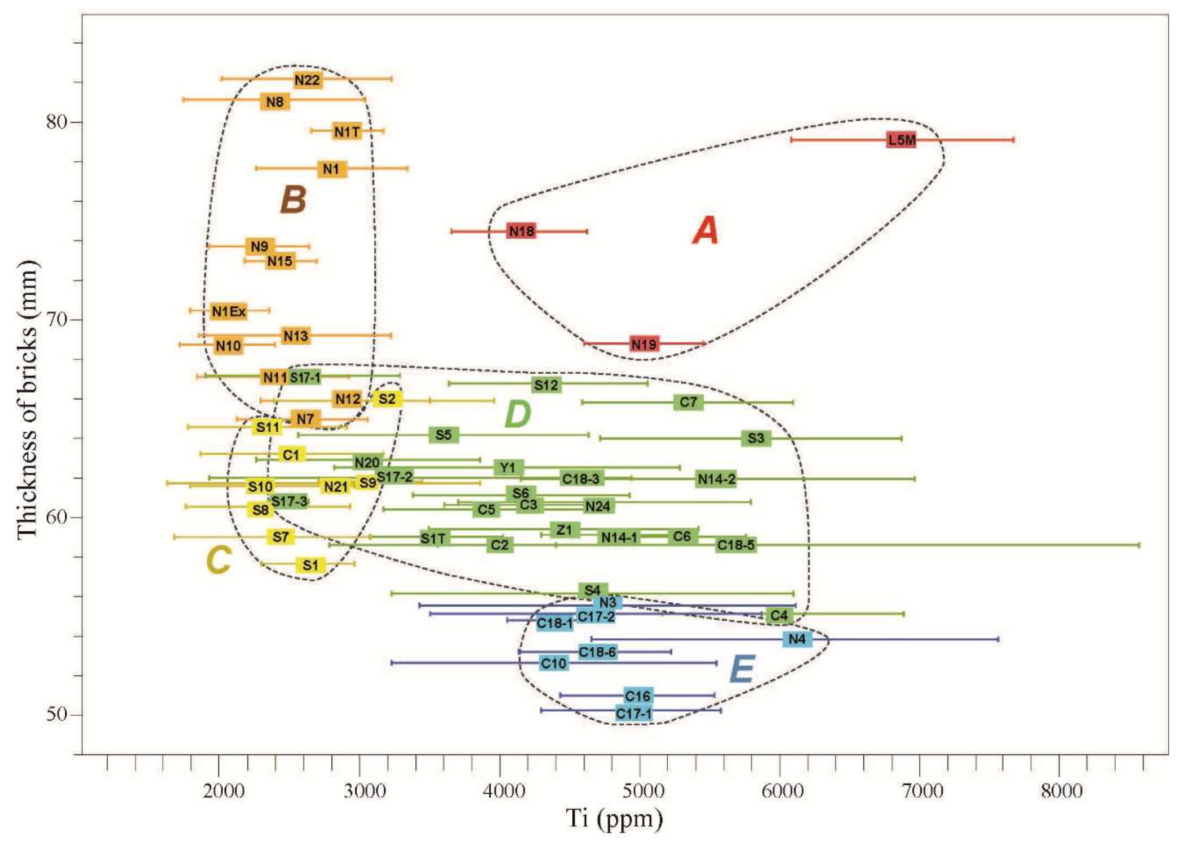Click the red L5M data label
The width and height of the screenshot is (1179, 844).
pyautogui.click(x=901, y=140)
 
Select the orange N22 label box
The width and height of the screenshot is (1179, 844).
pyautogui.click(x=307, y=80)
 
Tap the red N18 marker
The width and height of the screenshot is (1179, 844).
pyautogui.click(x=521, y=231)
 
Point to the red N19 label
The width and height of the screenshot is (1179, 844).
pyautogui.click(x=644, y=344)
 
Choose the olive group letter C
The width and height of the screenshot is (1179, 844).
pyautogui.click(x=218, y=561)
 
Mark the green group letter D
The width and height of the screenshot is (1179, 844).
pyautogui.click(x=518, y=415)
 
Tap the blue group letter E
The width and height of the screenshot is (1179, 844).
pyautogui.click(x=741, y=670)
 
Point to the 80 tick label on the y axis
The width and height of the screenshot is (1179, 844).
pyautogui.click(x=57, y=122)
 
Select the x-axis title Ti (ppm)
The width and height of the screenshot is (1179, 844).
pyautogui.click(x=615, y=819)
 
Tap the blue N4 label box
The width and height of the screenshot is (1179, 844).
pyautogui.click(x=797, y=639)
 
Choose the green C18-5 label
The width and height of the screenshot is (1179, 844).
pyautogui.click(x=735, y=545)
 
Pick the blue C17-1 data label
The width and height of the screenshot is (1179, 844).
pyautogui.click(x=634, y=713)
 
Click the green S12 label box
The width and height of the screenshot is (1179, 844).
pyautogui.click(x=546, y=385)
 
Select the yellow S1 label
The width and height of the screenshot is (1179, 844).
pyautogui.click(x=310, y=565)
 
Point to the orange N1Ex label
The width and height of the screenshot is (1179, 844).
pyautogui.click(x=229, y=311)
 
